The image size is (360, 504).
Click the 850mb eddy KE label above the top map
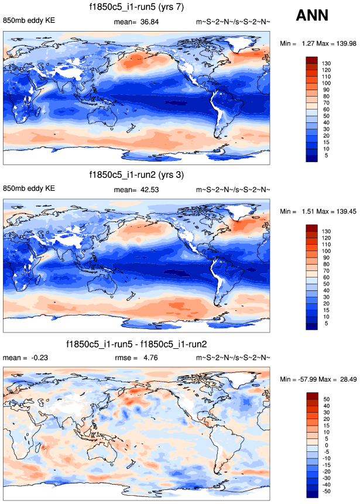coord(29,22)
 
